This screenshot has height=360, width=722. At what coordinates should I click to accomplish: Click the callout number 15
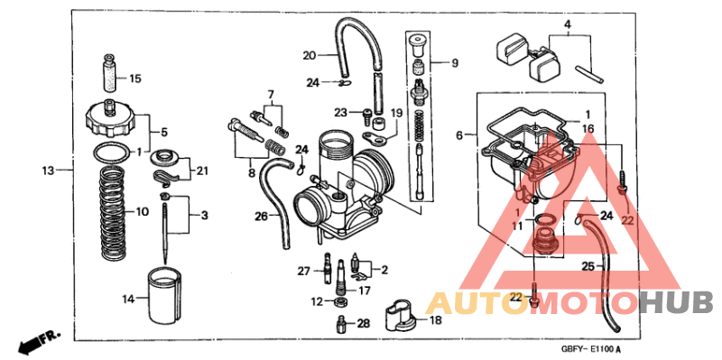point(134,78)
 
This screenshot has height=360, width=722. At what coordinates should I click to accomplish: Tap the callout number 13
point(49,170)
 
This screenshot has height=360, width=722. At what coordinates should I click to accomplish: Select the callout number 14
point(129,298)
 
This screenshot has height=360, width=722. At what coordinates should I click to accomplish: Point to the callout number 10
point(142,212)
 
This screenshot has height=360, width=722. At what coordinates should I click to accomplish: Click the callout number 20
point(310,55)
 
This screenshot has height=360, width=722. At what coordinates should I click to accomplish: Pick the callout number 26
point(261,217)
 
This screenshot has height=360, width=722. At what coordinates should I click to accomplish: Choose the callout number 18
point(435,320)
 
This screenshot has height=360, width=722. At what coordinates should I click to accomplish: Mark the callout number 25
point(587,267)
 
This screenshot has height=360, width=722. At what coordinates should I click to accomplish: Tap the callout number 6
point(459,135)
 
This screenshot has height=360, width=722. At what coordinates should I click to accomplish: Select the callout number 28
point(363,323)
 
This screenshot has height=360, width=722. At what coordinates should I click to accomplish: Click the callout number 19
point(395,113)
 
